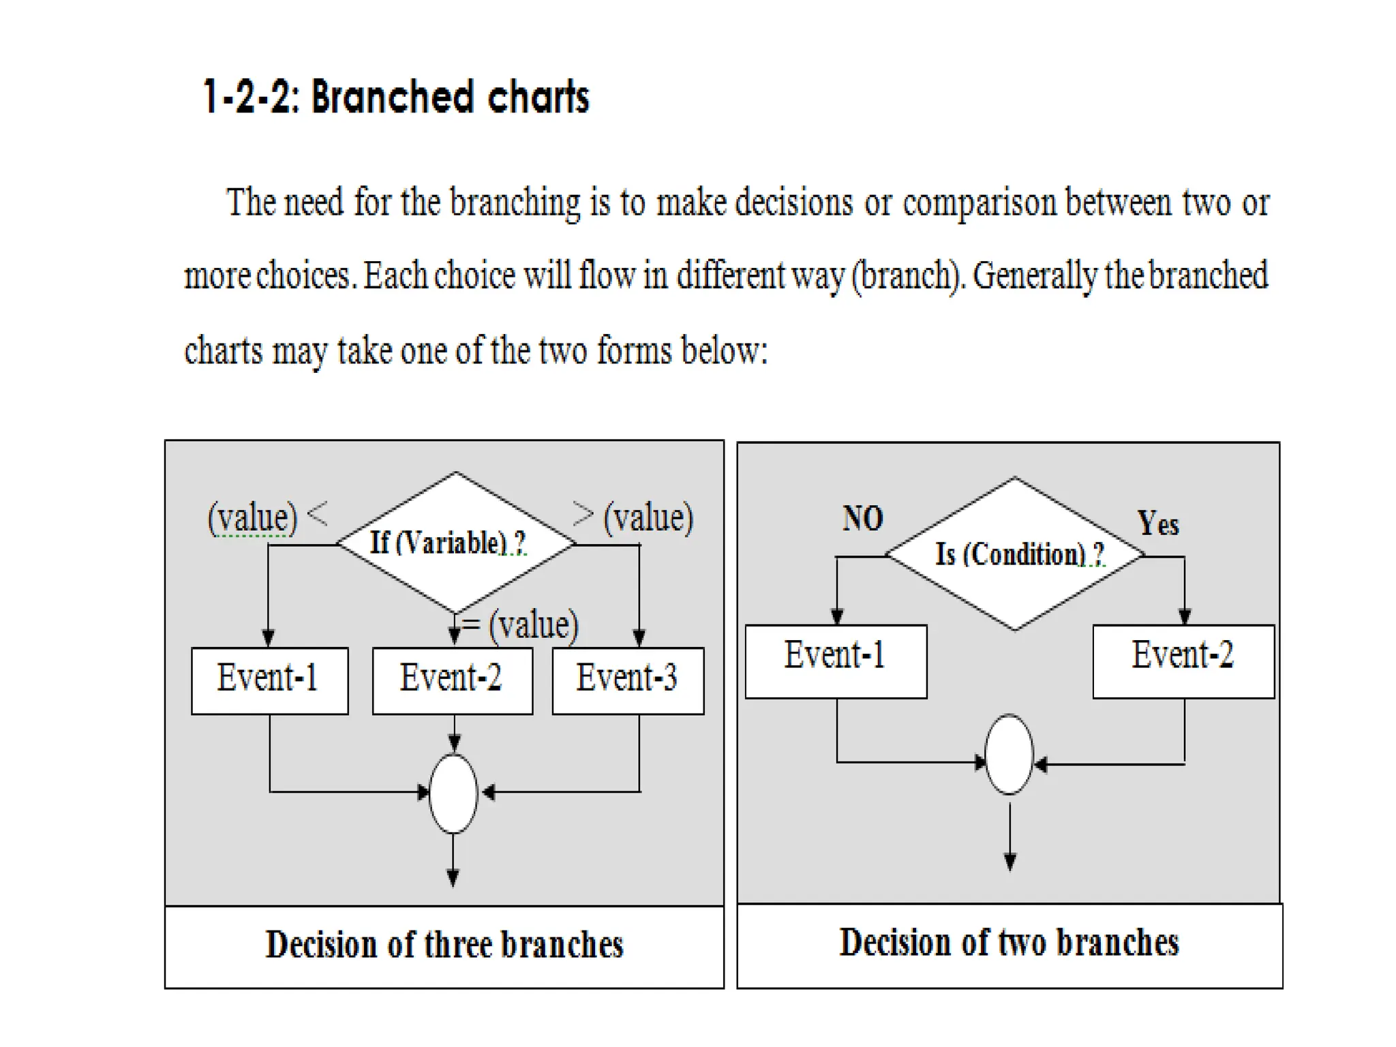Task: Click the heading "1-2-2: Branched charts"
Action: (x=395, y=97)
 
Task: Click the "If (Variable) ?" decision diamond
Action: (x=455, y=543)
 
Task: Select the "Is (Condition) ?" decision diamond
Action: (x=1014, y=553)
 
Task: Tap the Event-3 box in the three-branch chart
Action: (x=628, y=680)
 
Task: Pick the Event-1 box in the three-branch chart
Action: (x=269, y=680)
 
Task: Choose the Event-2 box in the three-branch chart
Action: (x=452, y=680)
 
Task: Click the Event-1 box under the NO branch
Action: (x=836, y=660)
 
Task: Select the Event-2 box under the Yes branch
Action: (x=1183, y=660)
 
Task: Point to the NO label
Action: (x=862, y=518)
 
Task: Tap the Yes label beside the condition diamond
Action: (x=1157, y=523)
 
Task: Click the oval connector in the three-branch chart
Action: (x=453, y=793)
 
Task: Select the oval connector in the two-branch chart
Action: (x=1010, y=754)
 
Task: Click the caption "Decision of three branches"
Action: (x=444, y=945)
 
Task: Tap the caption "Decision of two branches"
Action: (x=1009, y=943)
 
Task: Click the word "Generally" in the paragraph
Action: (x=1034, y=276)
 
